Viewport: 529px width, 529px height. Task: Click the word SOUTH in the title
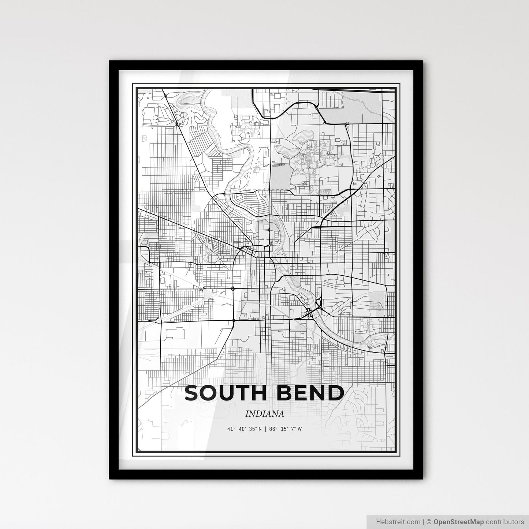point(224,393)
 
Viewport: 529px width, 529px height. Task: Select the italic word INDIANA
point(265,414)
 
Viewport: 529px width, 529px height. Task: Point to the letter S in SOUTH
point(192,393)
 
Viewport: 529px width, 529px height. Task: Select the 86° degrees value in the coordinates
point(273,429)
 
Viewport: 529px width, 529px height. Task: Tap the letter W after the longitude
point(299,429)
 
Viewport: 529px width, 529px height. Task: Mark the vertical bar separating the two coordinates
point(265,429)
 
